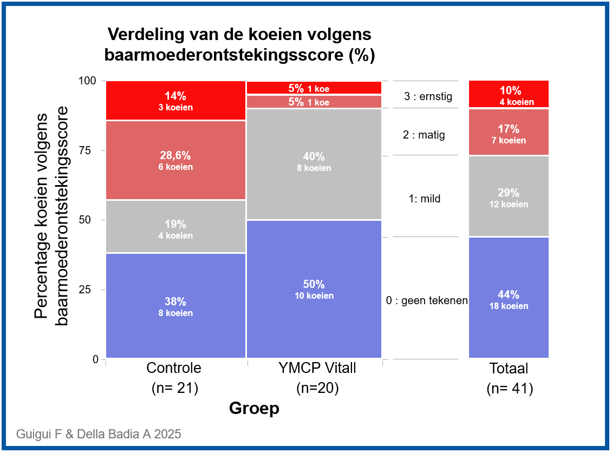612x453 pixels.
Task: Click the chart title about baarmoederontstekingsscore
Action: click(239, 45)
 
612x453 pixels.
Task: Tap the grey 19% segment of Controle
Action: click(175, 227)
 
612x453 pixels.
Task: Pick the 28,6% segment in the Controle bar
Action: click(175, 160)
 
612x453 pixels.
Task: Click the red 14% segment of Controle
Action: click(175, 101)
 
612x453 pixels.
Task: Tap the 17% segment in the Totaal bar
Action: click(509, 133)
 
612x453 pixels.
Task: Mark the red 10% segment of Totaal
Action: click(509, 95)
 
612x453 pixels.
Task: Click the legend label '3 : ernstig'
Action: click(428, 97)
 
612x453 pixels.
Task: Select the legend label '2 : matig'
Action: click(424, 135)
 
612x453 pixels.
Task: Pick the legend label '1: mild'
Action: click(425, 199)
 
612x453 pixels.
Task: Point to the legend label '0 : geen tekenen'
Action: click(427, 300)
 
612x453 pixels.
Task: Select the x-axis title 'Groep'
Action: click(254, 408)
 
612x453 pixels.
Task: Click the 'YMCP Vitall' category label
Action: click(317, 369)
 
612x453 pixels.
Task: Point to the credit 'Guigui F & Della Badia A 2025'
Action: click(99, 434)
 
